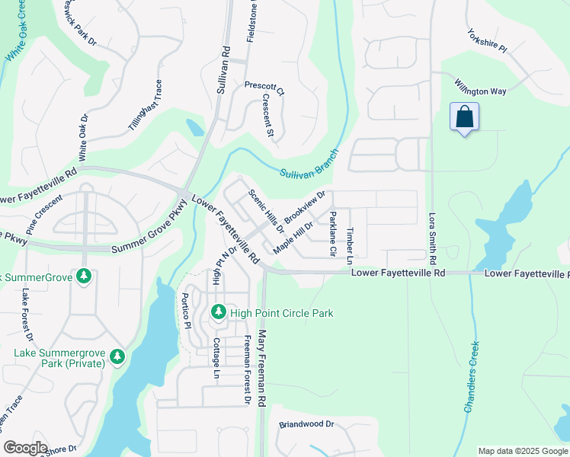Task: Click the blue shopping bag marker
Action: (x=464, y=117)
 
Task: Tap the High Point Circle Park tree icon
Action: (x=218, y=312)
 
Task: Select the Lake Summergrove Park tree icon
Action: (x=117, y=356)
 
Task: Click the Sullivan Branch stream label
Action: (x=308, y=164)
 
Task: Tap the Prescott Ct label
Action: (x=264, y=88)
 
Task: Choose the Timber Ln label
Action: (x=351, y=241)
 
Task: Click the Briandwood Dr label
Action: (x=306, y=423)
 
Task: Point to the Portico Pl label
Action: (x=185, y=310)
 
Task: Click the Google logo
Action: (x=25, y=448)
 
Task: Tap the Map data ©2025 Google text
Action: (x=521, y=451)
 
